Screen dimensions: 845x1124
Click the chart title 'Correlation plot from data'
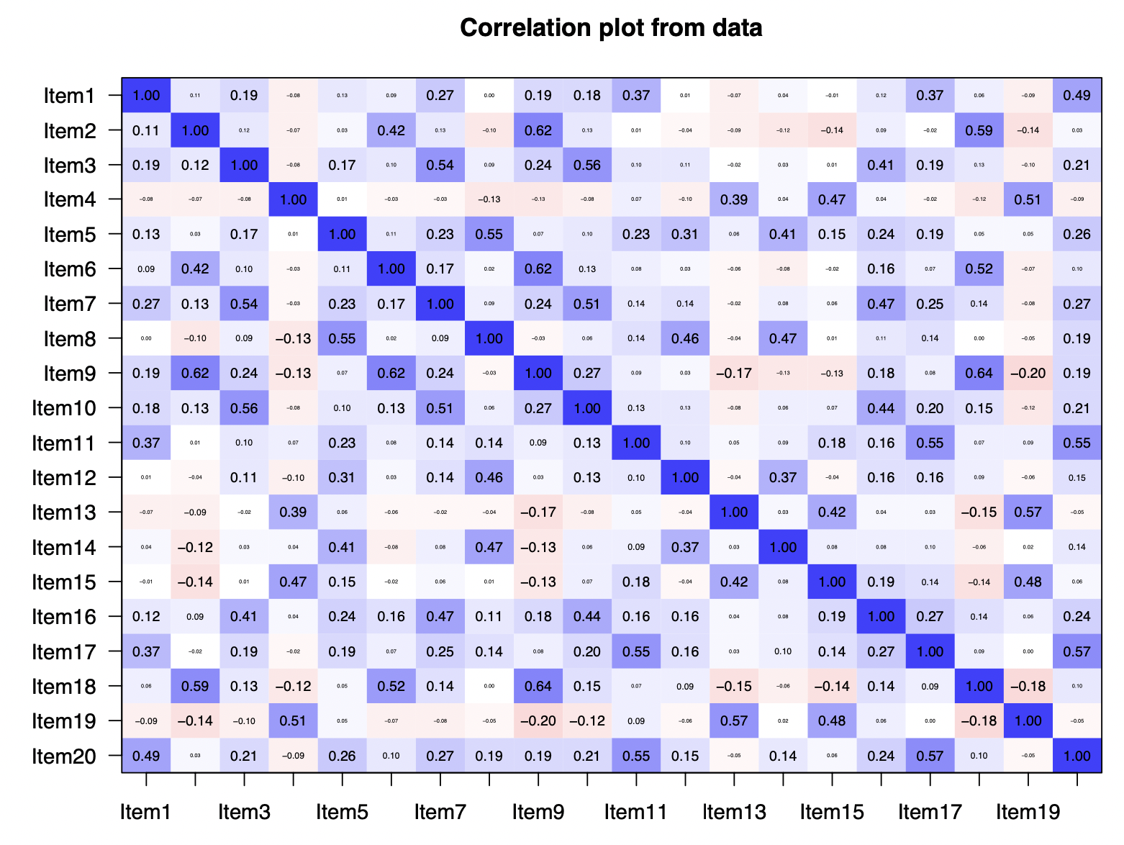click(611, 28)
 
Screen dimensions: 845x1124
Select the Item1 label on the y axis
click(69, 96)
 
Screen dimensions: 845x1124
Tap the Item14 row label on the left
click(63, 548)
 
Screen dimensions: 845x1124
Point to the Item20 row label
click(63, 756)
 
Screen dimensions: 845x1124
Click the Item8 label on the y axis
click(69, 339)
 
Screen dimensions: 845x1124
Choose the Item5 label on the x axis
click(342, 813)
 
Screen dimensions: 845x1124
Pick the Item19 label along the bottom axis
click(1028, 813)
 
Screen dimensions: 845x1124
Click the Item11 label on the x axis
click(635, 813)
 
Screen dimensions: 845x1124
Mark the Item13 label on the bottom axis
click(734, 813)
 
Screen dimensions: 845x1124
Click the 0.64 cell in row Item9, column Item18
click(979, 374)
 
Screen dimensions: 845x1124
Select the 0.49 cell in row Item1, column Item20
click(1077, 95)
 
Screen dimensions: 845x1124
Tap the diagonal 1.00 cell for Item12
click(685, 478)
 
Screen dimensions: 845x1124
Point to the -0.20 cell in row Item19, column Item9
click(538, 721)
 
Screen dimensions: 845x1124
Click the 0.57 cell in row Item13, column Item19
click(1028, 512)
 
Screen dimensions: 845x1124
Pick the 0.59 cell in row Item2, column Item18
click(979, 130)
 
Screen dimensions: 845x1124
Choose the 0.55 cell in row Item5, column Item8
click(489, 235)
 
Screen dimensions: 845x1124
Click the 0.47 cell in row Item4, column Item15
click(832, 199)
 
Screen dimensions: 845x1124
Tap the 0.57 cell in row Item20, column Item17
click(930, 756)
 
